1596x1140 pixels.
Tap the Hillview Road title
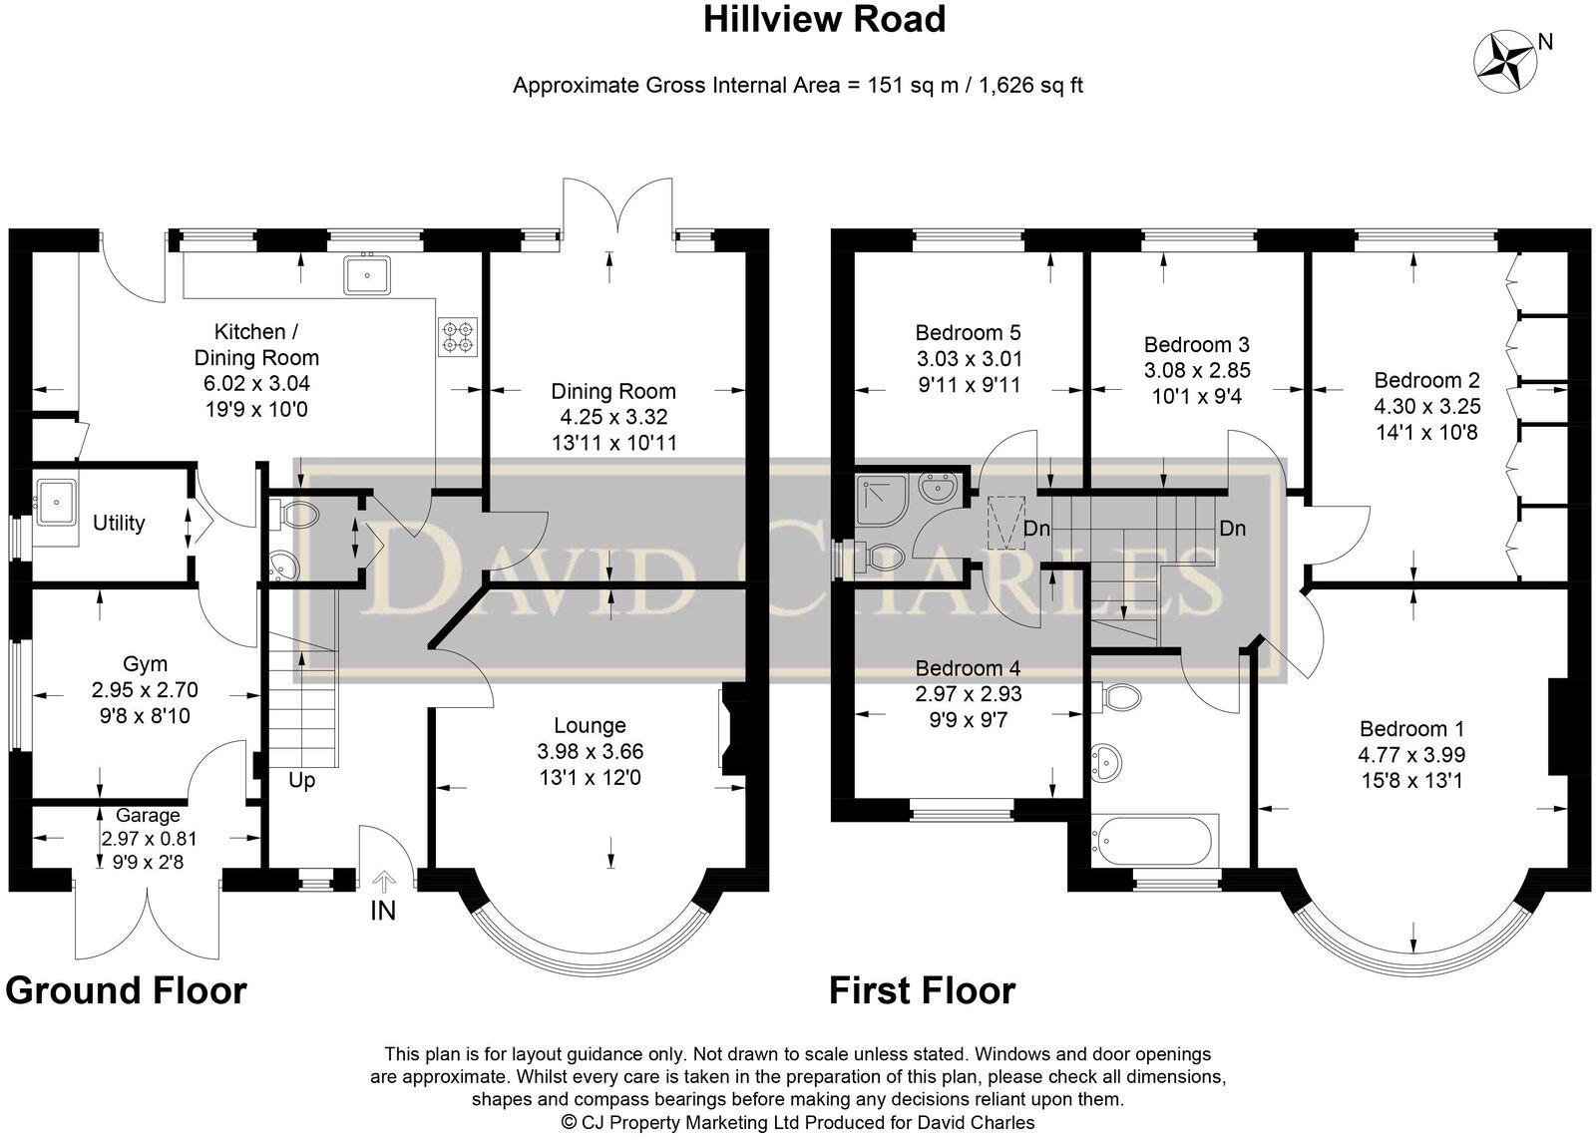(x=824, y=19)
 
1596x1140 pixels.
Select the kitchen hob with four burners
(x=457, y=337)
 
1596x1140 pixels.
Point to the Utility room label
(x=119, y=523)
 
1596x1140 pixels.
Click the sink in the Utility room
(x=56, y=503)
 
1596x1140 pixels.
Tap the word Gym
(x=146, y=664)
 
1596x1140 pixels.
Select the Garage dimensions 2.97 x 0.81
(x=149, y=840)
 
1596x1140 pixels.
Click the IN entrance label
(x=383, y=911)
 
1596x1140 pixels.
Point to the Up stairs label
(x=302, y=780)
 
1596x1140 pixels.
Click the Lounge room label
(x=590, y=725)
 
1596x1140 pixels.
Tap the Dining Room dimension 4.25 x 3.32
(x=613, y=417)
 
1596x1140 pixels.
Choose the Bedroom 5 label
(x=968, y=333)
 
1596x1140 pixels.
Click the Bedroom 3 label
(x=1196, y=345)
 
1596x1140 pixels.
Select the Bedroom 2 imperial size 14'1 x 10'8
(x=1426, y=432)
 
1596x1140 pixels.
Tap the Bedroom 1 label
(x=1411, y=729)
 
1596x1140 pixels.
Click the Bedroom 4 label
(x=968, y=668)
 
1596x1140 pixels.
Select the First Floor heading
(x=922, y=991)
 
